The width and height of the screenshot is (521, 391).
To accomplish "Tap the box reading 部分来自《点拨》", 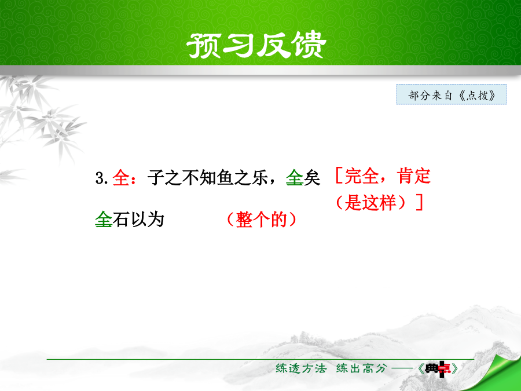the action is (x=451, y=95).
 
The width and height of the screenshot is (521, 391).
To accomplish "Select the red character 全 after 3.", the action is (x=121, y=178).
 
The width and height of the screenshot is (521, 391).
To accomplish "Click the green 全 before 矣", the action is (x=295, y=178).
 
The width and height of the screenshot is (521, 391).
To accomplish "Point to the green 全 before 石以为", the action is (x=104, y=220).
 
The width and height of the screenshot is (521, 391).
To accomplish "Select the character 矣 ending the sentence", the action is (x=311, y=178).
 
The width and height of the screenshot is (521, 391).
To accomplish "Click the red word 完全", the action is (x=361, y=176).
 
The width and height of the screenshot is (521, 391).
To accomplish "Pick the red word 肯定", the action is (x=414, y=176).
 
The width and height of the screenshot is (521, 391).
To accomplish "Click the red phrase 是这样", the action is (x=370, y=202).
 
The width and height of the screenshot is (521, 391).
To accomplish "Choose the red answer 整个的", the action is (x=261, y=220).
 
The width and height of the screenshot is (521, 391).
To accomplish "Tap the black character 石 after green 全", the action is (x=120, y=220).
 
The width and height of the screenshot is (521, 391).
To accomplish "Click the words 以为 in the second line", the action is (x=147, y=220).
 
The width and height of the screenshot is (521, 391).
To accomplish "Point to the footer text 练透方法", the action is (x=301, y=368).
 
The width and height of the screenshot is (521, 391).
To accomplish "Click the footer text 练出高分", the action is (x=362, y=368).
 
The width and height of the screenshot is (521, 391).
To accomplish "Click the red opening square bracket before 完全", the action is (x=339, y=176).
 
